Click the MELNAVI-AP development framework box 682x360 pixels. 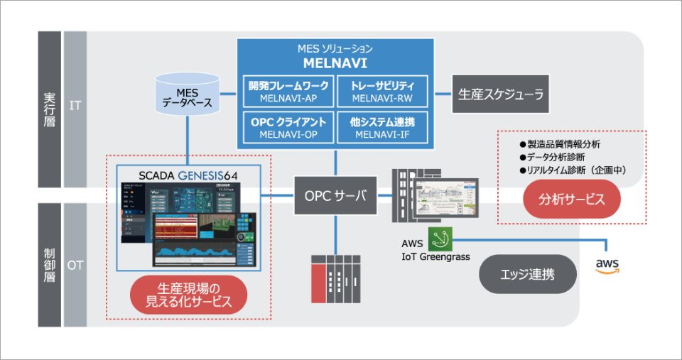click(288, 91)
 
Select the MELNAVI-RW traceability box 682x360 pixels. click(382, 91)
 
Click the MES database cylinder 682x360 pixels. click(188, 94)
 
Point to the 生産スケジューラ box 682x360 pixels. click(501, 94)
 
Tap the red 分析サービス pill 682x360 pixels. click(572, 198)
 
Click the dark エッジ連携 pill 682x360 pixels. click(528, 274)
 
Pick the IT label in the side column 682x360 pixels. click(75, 107)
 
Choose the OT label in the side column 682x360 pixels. click(75, 265)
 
